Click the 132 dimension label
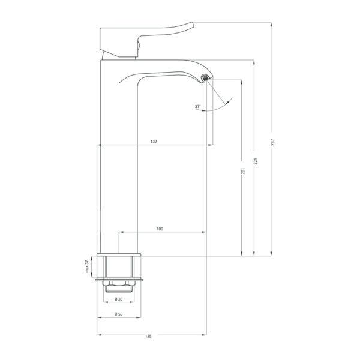[154, 142]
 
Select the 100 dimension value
[160, 229]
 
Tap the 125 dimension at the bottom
[148, 337]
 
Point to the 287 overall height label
[272, 142]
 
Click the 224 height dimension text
[256, 161]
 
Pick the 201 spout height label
[243, 171]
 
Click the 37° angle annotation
[197, 107]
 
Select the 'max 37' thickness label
[87, 266]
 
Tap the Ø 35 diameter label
[118, 299]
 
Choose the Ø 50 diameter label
[118, 314]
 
